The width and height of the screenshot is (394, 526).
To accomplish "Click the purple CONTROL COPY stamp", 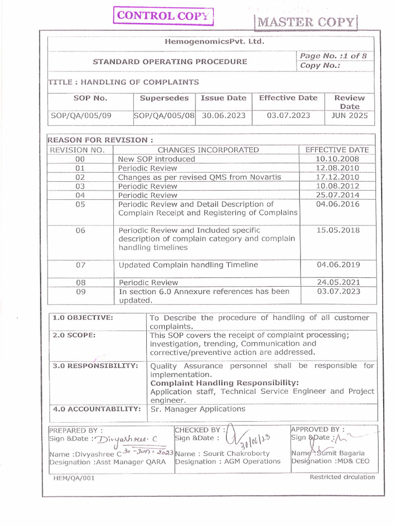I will (x=164, y=15).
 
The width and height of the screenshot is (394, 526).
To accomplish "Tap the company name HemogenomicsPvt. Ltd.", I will (x=215, y=42).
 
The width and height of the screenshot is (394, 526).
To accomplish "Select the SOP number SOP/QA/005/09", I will (x=82, y=116).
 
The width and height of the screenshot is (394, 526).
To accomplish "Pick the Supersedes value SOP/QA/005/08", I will (x=164, y=116).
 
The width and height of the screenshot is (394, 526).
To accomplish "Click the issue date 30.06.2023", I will (x=223, y=116).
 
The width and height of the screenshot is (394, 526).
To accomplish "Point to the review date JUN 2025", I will (x=349, y=116).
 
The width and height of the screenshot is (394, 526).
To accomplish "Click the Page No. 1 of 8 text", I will (x=336, y=56).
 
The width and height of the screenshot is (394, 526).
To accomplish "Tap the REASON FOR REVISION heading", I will (x=100, y=140).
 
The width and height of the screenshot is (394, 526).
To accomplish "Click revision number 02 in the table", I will (x=80, y=177).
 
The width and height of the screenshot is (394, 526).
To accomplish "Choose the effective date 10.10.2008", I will (x=338, y=159).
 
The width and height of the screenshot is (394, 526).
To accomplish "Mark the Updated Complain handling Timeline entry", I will (x=188, y=265).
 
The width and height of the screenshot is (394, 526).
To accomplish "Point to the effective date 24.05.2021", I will (x=338, y=282).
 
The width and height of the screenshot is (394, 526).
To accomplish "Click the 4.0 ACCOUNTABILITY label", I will (x=96, y=409).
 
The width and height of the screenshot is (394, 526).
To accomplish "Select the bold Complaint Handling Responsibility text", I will (x=224, y=383).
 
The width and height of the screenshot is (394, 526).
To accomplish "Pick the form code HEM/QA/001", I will (x=74, y=478).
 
